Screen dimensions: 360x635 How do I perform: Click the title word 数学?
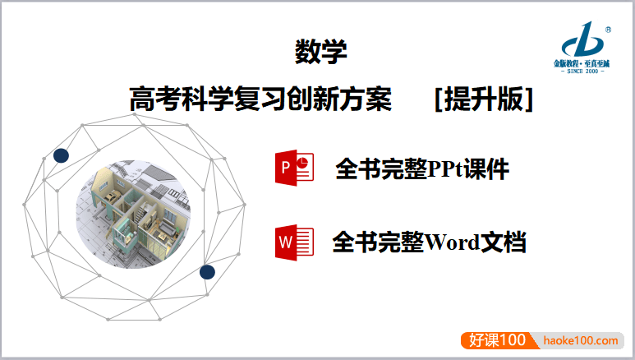[320, 53]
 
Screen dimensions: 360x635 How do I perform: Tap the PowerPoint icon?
[295, 168]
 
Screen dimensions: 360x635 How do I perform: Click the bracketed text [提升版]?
[484, 99]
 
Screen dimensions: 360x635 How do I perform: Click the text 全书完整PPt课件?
[422, 169]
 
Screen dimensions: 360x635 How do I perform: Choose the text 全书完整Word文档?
[429, 242]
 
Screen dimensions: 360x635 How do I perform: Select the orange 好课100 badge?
[497, 339]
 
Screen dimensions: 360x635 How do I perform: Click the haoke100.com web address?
[581, 339]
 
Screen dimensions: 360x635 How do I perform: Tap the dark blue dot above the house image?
[61, 155]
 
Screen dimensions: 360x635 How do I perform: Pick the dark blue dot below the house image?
[207, 271]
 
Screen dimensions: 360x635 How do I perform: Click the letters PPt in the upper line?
[446, 169]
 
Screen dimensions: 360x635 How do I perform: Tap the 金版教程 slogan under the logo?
[582, 63]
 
